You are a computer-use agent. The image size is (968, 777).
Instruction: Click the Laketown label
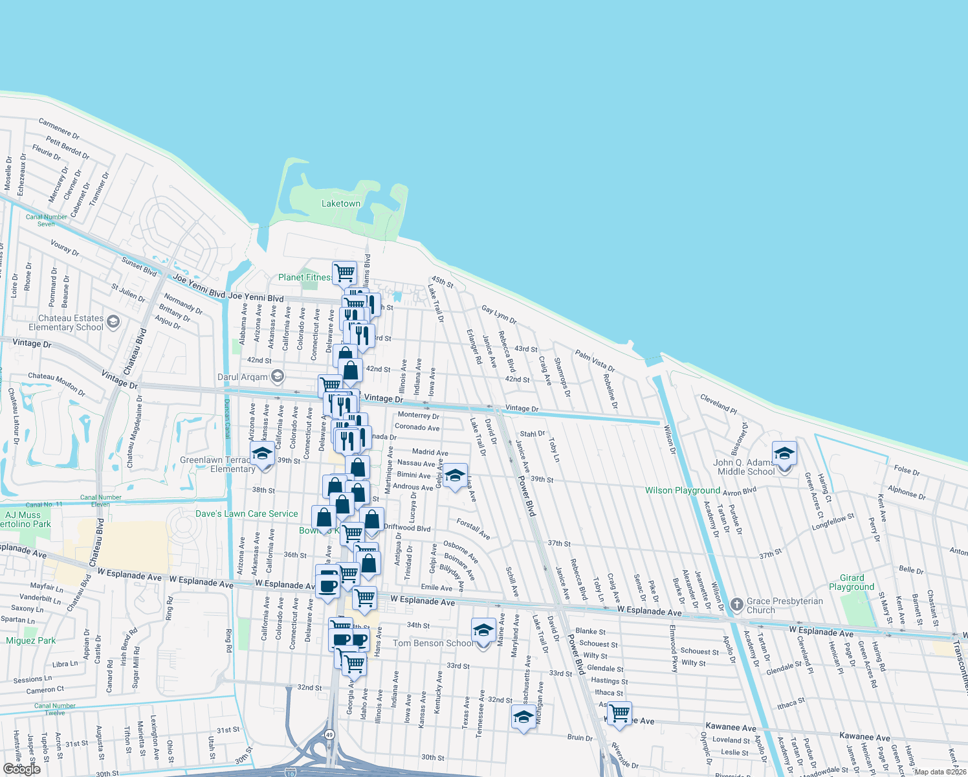[341, 203]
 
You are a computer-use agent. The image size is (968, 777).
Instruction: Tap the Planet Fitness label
[304, 277]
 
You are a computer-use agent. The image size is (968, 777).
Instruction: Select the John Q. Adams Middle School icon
[784, 453]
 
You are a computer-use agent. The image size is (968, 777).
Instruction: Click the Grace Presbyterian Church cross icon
[736, 605]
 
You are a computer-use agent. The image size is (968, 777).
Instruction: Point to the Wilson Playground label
[682, 490]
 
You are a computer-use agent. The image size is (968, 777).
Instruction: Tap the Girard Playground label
[851, 582]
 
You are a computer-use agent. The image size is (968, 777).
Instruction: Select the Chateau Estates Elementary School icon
[113, 322]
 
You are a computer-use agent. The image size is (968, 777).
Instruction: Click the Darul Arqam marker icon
[278, 376]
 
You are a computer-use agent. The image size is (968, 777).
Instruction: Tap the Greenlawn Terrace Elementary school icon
[262, 453]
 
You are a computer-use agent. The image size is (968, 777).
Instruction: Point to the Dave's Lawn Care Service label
[247, 513]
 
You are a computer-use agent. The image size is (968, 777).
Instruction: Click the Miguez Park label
[31, 640]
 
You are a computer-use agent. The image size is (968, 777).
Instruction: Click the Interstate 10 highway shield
[290, 772]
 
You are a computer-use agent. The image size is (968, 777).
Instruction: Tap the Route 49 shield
[330, 734]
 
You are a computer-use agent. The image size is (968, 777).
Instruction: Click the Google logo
[21, 769]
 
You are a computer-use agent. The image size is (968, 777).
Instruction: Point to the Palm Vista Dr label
[595, 360]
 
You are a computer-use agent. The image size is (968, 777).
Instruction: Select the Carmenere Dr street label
[59, 129]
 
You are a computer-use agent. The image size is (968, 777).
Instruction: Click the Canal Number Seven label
[46, 220]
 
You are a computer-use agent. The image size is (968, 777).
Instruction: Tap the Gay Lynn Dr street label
[499, 315]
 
